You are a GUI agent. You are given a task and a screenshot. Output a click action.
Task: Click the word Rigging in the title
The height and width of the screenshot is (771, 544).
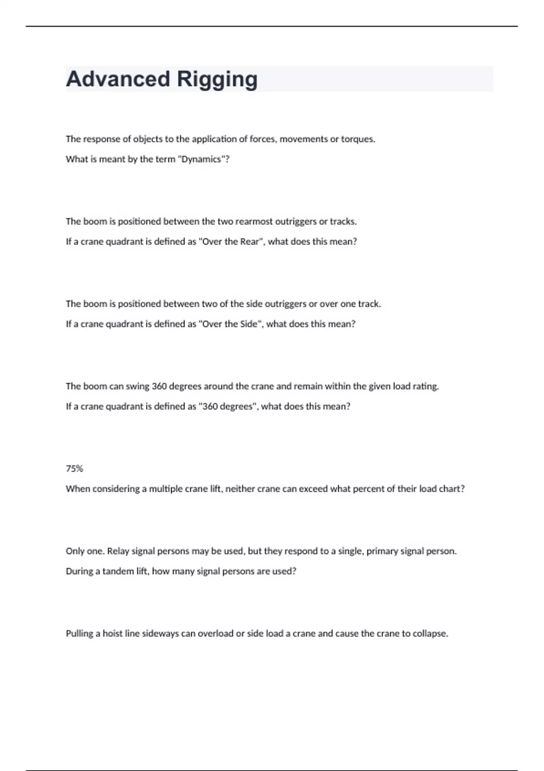point(217,79)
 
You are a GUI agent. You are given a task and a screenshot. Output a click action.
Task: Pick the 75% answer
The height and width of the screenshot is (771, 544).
point(74,469)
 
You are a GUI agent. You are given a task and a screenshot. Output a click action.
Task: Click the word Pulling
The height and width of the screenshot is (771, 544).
point(80,634)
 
